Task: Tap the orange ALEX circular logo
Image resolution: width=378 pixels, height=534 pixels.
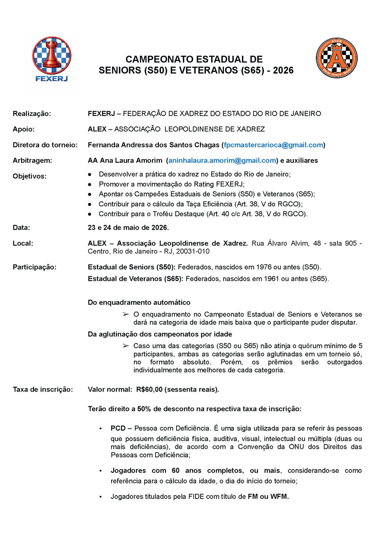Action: coord(337,58)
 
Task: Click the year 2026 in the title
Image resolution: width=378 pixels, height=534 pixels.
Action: coord(283,70)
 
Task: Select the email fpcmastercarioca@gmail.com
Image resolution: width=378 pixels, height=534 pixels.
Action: coord(273,145)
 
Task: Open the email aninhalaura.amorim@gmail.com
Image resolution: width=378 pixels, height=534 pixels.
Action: coord(222,160)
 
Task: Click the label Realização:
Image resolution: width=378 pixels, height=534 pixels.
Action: coord(32,113)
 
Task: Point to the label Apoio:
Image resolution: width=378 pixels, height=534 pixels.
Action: coord(24,129)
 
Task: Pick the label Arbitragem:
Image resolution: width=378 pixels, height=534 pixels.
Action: coord(32,160)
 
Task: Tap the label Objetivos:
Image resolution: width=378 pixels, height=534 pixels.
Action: coord(30,176)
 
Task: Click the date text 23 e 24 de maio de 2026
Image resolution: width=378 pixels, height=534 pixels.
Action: coord(128,228)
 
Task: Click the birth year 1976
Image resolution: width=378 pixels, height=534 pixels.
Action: coord(264,267)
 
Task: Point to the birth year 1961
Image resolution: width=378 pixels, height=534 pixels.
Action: coord(271,279)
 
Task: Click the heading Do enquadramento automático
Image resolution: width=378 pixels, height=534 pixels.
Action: coord(139,302)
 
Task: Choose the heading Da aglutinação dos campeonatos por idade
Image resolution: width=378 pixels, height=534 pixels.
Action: coord(160,334)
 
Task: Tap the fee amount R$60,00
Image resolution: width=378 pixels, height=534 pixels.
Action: coord(149,389)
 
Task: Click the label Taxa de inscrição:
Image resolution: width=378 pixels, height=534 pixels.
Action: coord(43,389)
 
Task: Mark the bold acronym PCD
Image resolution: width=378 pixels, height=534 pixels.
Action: coord(118,428)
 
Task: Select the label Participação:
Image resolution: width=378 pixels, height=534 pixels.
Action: coord(34,267)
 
